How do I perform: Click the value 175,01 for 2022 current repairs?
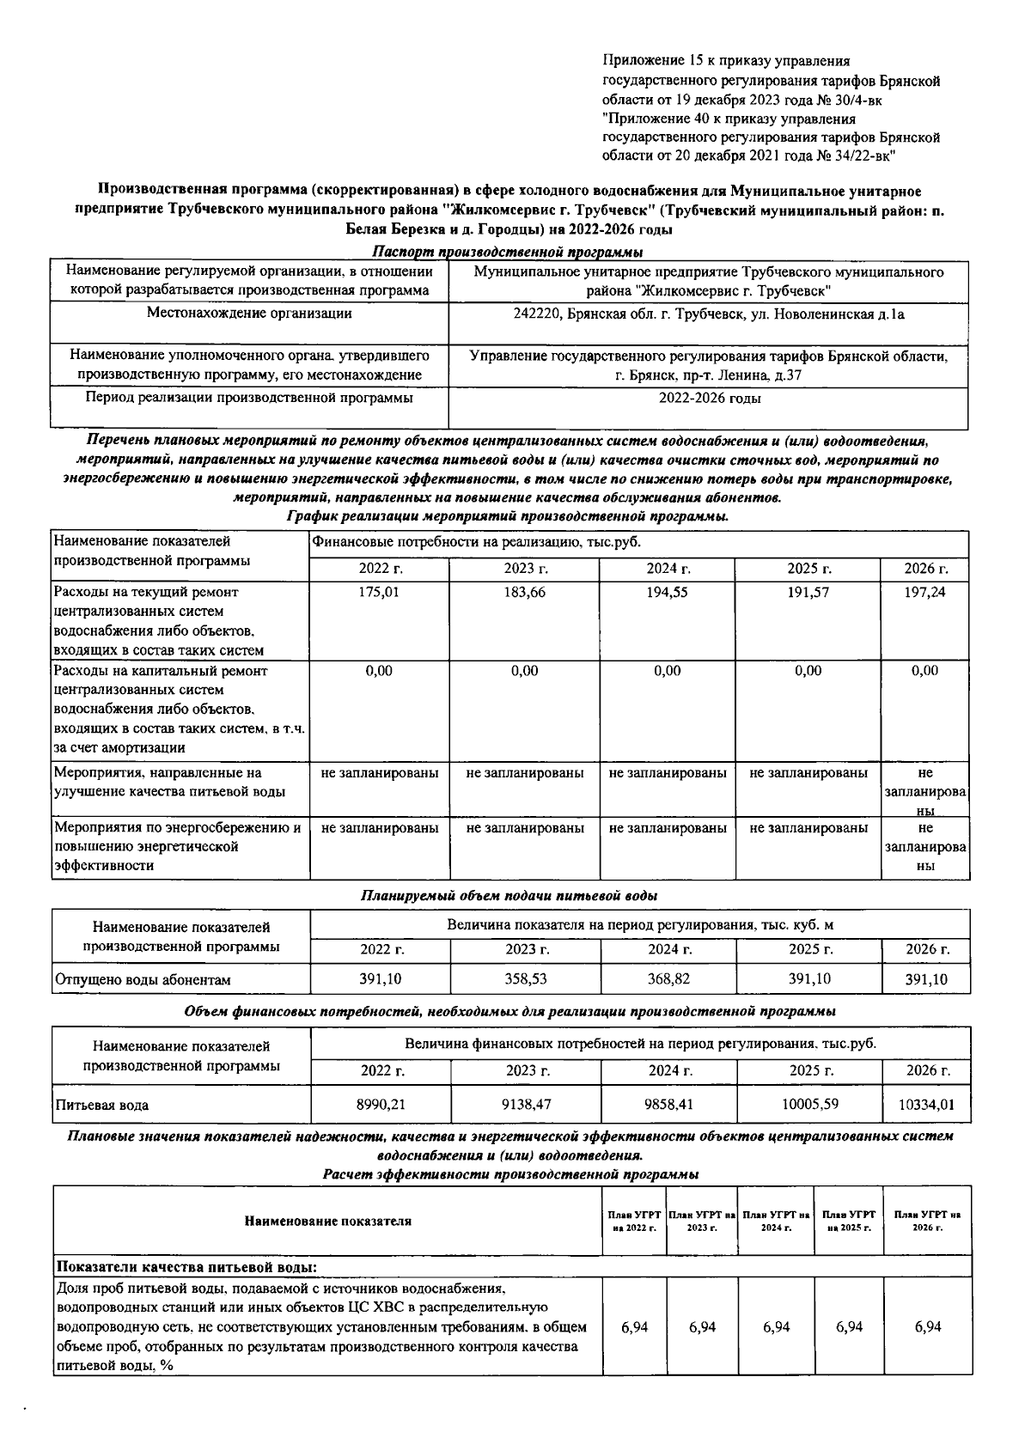tap(379, 593)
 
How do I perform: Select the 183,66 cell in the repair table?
tap(525, 593)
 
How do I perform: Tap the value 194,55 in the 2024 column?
tap(668, 593)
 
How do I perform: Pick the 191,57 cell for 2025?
tap(808, 593)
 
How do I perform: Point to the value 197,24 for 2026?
tap(925, 593)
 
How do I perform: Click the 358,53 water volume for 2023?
tap(526, 978)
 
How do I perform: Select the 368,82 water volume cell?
tap(669, 978)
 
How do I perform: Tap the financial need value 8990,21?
tap(381, 1104)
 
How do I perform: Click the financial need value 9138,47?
tap(527, 1104)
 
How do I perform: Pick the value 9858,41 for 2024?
tap(670, 1104)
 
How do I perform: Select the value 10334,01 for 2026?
tap(926, 1105)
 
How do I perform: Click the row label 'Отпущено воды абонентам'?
tap(143, 979)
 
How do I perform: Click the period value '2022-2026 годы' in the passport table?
tap(709, 399)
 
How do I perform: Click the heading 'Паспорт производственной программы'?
tap(509, 252)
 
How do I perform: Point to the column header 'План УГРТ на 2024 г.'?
tap(776, 1221)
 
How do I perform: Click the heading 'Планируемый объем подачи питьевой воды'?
tap(509, 895)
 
